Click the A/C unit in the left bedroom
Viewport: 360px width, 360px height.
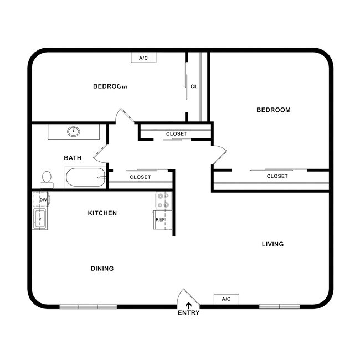click(x=143, y=58)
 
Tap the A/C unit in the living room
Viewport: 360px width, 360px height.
click(x=226, y=299)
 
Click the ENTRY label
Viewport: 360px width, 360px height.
click(x=188, y=313)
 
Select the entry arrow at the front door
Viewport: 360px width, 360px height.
click(x=188, y=304)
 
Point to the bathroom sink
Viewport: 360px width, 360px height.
click(x=73, y=131)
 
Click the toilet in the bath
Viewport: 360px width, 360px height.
click(x=47, y=179)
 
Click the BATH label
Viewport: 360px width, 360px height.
click(x=73, y=158)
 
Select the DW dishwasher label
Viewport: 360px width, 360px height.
click(x=43, y=200)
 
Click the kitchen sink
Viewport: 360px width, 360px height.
click(x=40, y=219)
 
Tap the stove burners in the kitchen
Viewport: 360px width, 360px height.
click(x=163, y=200)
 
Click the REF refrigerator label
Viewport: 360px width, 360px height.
click(x=160, y=220)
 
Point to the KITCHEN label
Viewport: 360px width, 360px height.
click(x=102, y=213)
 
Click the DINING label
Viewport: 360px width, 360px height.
click(x=102, y=269)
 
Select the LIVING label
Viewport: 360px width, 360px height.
click(x=272, y=244)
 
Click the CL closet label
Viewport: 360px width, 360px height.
click(x=194, y=86)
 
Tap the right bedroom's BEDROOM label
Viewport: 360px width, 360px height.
click(x=273, y=110)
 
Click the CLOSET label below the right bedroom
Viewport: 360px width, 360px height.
click(x=277, y=176)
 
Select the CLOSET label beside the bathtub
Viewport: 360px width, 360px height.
click(x=140, y=177)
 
